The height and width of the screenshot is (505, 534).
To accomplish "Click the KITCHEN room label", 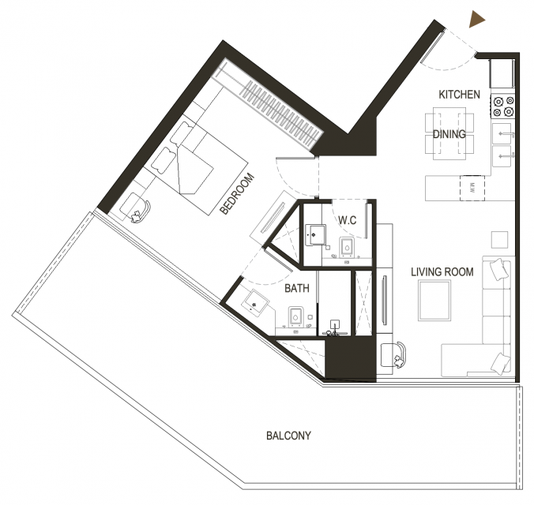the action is click(x=460, y=95).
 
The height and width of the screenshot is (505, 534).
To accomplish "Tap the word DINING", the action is click(x=449, y=134).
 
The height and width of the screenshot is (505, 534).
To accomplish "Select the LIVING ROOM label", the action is click(x=442, y=272).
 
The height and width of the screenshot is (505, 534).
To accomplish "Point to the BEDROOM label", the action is click(x=237, y=194).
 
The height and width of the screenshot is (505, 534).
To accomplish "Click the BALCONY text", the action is click(x=288, y=436).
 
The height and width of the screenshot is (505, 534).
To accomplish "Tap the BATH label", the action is click(x=297, y=289).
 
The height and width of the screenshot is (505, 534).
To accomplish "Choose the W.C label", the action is click(x=348, y=220).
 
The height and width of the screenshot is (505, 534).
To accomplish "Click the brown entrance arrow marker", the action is click(x=476, y=19).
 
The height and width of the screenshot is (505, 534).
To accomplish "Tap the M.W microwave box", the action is click(x=472, y=188).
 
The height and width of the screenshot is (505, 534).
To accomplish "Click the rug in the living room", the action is click(x=435, y=301).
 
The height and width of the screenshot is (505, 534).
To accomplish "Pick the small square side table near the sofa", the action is click(x=499, y=240).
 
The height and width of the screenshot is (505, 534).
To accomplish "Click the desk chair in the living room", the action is click(x=393, y=354).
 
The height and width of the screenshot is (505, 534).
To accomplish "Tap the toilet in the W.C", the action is click(x=347, y=246).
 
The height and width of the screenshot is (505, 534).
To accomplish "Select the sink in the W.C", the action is click(x=316, y=234).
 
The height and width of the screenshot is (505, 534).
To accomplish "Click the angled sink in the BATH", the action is click(x=257, y=302).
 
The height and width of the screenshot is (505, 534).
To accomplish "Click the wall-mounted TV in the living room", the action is click(x=385, y=300).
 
